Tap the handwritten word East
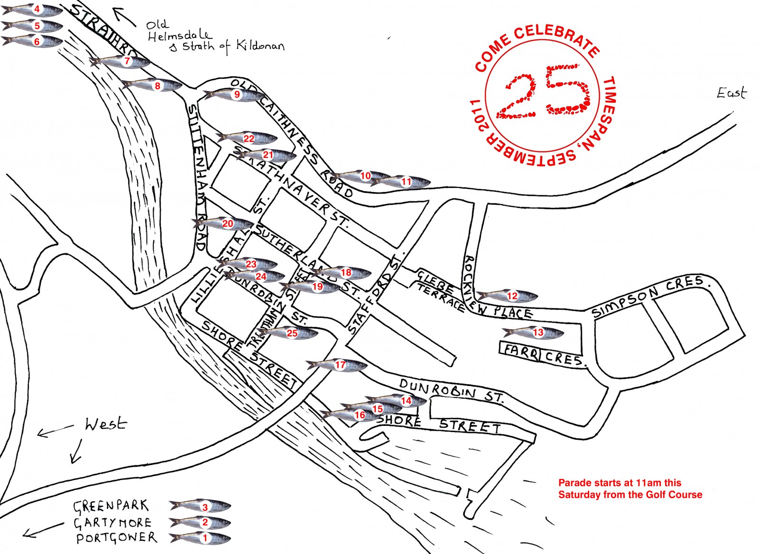(x=731, y=92)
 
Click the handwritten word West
(x=106, y=424)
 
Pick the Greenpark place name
(x=111, y=506)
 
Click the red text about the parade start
(x=629, y=489)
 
